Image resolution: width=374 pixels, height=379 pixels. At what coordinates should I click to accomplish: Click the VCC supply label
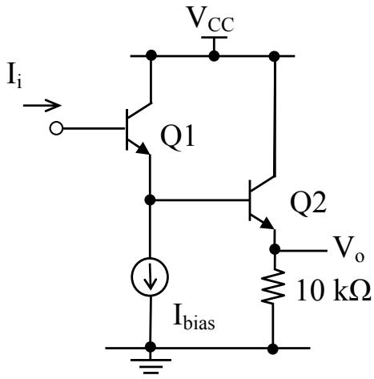[211, 18]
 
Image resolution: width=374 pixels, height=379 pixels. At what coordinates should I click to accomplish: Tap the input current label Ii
[14, 76]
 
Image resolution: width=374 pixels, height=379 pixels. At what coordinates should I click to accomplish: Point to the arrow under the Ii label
[42, 106]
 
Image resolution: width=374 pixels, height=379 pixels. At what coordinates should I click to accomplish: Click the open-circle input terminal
[56, 128]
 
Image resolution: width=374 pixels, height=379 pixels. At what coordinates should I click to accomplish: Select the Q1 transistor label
[178, 138]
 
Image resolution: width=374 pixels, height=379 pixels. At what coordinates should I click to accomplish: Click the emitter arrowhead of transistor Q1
[143, 149]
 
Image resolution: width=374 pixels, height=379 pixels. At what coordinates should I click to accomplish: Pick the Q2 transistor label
[308, 204]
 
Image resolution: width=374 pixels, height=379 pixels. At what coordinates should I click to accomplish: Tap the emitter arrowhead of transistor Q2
[267, 224]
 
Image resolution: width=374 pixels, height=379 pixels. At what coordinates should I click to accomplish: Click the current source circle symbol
[150, 276]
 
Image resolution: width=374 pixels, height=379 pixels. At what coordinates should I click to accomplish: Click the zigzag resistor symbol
[273, 286]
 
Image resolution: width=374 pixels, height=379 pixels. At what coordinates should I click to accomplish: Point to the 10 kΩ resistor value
[334, 291]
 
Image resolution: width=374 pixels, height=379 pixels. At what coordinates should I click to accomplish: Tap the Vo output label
[349, 249]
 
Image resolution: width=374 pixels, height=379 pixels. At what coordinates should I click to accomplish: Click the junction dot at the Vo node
[275, 249]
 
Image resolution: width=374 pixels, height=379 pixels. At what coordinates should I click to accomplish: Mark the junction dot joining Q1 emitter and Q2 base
[150, 200]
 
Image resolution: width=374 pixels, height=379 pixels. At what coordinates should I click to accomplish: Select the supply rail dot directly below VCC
[214, 56]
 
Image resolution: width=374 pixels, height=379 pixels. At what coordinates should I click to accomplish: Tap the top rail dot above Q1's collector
[151, 56]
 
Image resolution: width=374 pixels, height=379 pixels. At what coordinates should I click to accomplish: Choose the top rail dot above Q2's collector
[275, 56]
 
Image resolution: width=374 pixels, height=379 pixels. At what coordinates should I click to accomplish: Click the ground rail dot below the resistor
[272, 349]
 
